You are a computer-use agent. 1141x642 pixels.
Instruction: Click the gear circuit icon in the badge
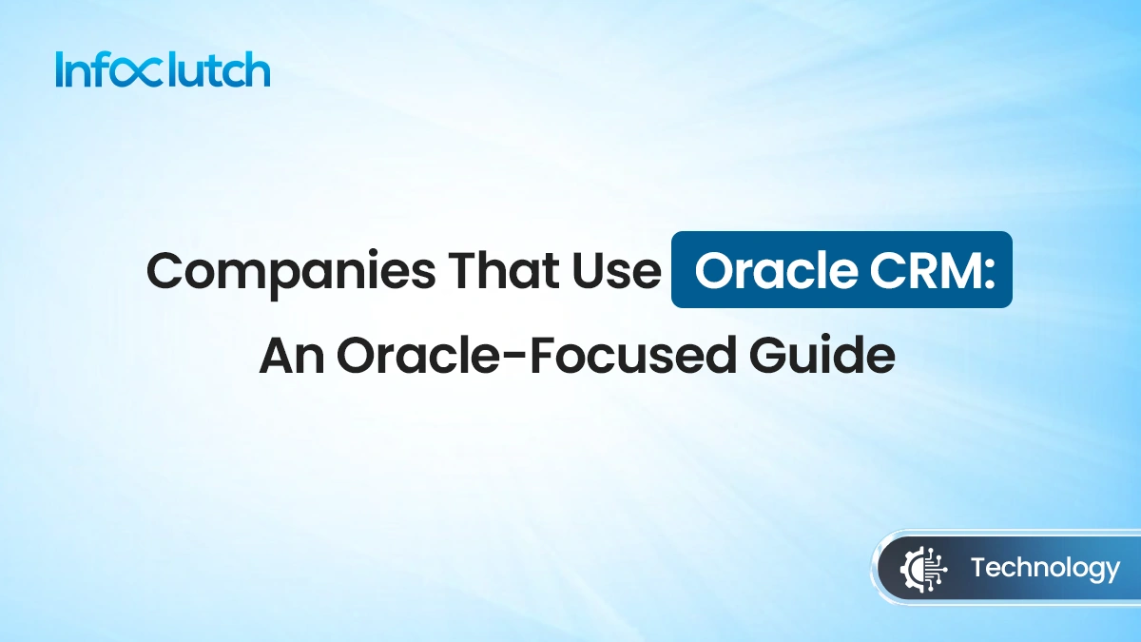click(919, 570)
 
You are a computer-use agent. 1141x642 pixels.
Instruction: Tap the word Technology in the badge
click(1045, 569)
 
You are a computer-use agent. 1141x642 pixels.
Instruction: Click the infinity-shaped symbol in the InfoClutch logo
click(151, 72)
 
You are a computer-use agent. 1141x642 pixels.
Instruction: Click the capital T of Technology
click(978, 569)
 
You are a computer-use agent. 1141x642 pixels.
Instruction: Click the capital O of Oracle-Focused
click(356, 357)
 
